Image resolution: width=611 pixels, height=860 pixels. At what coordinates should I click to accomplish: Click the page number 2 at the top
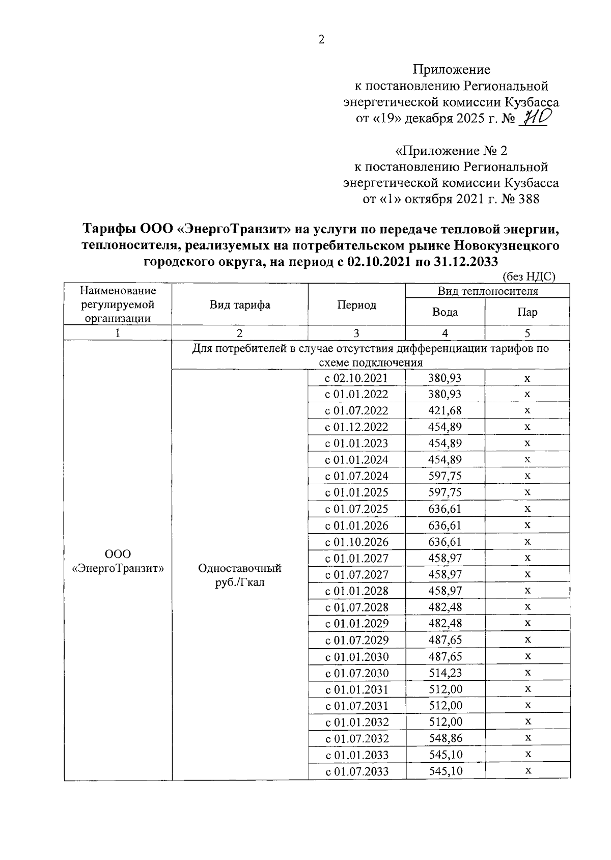click(321, 40)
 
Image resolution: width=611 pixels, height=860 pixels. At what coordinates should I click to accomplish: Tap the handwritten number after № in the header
click(533, 118)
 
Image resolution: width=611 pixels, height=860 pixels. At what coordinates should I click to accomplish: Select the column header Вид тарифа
click(240, 304)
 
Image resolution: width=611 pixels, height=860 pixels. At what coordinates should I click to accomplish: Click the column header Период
click(356, 304)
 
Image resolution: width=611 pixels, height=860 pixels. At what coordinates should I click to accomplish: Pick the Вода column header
click(445, 312)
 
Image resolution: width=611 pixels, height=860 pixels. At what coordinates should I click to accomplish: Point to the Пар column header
click(527, 312)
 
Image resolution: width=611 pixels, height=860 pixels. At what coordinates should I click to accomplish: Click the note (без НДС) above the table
click(529, 277)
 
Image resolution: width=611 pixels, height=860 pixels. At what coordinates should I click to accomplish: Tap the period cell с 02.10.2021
click(356, 378)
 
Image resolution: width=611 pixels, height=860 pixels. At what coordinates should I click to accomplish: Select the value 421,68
click(445, 410)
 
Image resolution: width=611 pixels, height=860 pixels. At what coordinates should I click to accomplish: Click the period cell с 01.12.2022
click(356, 427)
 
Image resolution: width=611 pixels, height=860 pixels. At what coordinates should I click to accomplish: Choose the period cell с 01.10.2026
click(356, 541)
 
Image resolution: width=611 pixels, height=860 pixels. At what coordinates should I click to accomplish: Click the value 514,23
click(445, 673)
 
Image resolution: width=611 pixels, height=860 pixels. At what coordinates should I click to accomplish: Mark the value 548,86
click(445, 738)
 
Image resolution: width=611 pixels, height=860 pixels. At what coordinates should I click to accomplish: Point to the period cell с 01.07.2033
click(356, 771)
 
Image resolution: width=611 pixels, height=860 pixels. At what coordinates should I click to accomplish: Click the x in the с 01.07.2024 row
click(527, 476)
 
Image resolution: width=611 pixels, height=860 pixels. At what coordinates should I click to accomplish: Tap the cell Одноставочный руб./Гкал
click(240, 575)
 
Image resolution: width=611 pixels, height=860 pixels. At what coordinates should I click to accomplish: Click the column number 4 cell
click(445, 333)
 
